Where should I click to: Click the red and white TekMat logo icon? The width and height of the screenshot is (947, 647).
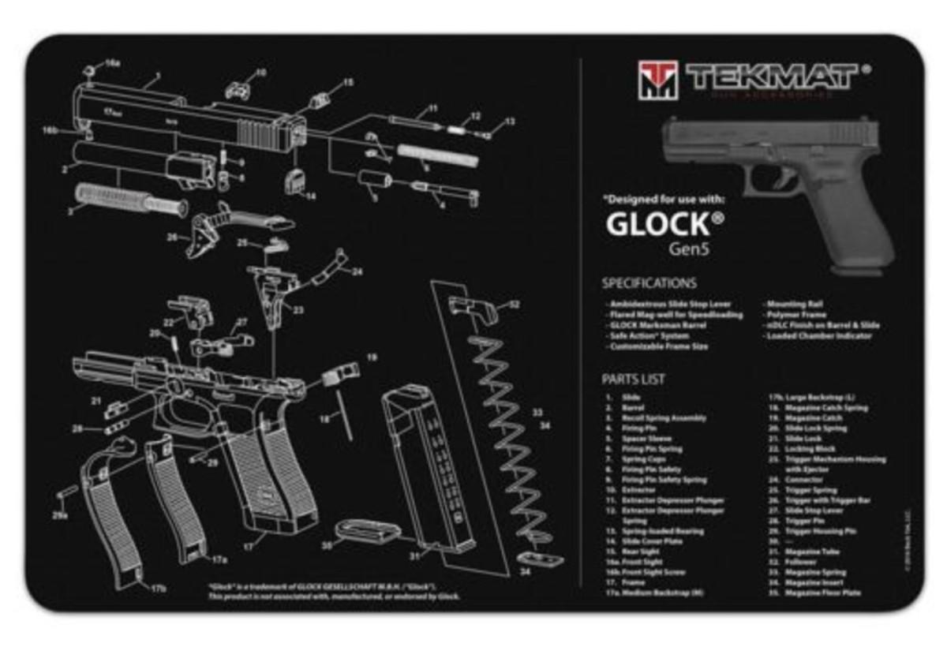657,79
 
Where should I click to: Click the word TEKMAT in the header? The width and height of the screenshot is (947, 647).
771,77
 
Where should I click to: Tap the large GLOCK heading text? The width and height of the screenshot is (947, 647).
657,224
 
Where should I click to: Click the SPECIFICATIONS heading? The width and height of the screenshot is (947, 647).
649,283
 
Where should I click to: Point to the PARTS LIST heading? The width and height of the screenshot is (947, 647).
633,380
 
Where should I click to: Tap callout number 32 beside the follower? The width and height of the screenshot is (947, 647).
515,304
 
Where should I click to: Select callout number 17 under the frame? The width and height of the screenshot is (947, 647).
248,545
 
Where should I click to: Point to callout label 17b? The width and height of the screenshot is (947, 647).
159,589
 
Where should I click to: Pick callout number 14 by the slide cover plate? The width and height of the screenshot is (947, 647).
310,196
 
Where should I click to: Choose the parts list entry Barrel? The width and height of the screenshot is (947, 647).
633,408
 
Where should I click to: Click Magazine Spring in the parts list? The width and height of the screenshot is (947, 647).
812,572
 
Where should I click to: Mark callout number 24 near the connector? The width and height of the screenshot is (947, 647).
357,272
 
